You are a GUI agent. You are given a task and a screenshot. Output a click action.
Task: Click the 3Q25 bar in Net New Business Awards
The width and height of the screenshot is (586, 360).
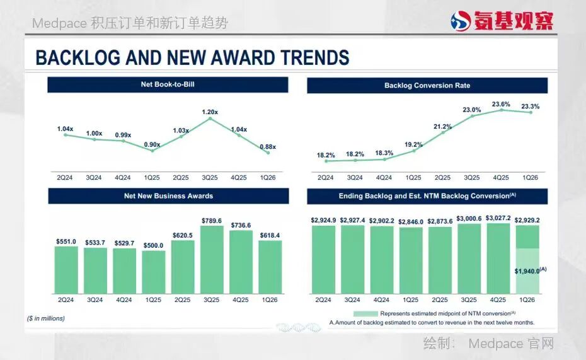click(x=212, y=260)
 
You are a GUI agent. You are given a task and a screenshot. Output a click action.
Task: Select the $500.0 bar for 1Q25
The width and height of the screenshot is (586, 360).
click(x=154, y=272)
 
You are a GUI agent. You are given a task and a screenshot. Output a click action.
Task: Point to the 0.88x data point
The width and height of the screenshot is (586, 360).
click(x=268, y=153)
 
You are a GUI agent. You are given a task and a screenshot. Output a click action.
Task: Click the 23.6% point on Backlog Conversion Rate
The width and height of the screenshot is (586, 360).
click(x=502, y=110)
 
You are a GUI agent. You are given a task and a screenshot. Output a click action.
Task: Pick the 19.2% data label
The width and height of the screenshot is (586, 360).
click(x=414, y=144)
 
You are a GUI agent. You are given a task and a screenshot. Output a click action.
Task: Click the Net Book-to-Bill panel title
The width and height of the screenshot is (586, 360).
click(x=168, y=84)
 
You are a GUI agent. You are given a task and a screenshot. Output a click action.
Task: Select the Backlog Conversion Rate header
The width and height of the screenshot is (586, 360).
click(x=427, y=85)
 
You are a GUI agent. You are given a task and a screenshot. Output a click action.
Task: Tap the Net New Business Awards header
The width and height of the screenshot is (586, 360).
click(x=168, y=196)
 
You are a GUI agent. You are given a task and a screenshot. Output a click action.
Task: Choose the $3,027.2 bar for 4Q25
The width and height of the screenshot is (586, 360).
click(x=498, y=258)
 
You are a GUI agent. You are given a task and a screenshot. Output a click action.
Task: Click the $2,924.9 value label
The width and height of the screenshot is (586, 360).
click(x=323, y=221)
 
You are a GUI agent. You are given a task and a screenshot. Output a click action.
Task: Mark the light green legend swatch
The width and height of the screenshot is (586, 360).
click(x=365, y=313)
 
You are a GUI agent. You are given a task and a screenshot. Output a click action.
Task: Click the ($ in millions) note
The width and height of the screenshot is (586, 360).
click(x=46, y=318)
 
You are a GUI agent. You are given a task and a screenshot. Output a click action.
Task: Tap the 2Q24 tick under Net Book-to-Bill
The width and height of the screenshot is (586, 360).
click(x=65, y=178)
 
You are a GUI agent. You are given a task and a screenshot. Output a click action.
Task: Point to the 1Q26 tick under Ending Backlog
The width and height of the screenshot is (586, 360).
click(x=527, y=300)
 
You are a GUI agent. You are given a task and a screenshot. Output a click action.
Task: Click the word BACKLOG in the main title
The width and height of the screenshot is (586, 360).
click(x=78, y=57)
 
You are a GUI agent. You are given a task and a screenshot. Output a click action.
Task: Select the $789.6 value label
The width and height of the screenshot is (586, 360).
click(x=212, y=221)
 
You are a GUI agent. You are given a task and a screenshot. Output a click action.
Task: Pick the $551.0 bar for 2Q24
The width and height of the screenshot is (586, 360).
click(x=66, y=270)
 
